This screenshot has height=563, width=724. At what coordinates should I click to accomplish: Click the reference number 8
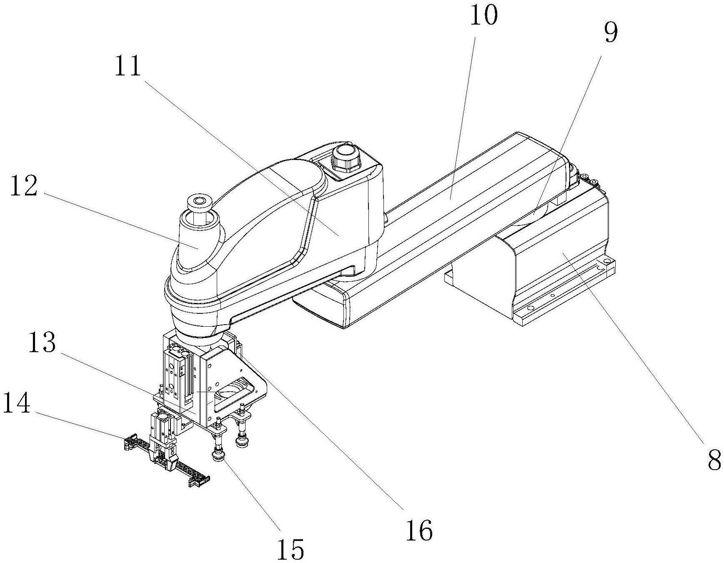pyautogui.click(x=714, y=460)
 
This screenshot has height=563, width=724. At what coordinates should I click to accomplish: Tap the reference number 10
pyautogui.click(x=484, y=16)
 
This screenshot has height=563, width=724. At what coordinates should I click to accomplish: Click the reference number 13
pyautogui.click(x=42, y=343)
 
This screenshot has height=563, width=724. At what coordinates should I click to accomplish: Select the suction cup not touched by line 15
pyautogui.click(x=240, y=440)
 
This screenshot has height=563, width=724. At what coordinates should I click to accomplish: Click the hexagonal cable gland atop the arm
pyautogui.click(x=346, y=158)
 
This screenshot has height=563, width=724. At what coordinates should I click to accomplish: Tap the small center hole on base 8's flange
pyautogui.click(x=553, y=295)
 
